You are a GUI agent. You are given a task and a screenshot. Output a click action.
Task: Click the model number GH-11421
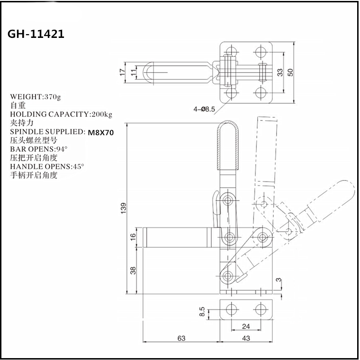(36, 35)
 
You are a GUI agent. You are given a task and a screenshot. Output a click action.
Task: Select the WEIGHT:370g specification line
(36, 97)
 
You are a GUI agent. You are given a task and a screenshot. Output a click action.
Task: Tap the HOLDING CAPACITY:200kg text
(61, 114)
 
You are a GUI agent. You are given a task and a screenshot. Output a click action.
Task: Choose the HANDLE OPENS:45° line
(47, 166)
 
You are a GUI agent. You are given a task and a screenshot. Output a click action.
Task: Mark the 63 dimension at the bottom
(181, 338)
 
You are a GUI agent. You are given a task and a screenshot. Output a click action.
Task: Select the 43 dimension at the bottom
(246, 338)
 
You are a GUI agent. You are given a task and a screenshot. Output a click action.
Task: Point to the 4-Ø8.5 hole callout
(204, 108)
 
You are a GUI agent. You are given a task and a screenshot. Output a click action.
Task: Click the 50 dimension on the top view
(291, 72)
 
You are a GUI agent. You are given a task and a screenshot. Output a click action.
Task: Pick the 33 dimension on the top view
(280, 72)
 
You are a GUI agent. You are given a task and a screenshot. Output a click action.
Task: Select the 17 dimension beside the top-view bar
(123, 72)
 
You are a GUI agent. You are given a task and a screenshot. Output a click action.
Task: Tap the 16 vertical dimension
(133, 236)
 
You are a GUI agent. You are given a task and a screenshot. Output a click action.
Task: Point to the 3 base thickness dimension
(279, 280)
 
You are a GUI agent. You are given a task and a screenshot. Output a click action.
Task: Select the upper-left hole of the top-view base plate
(231, 51)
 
